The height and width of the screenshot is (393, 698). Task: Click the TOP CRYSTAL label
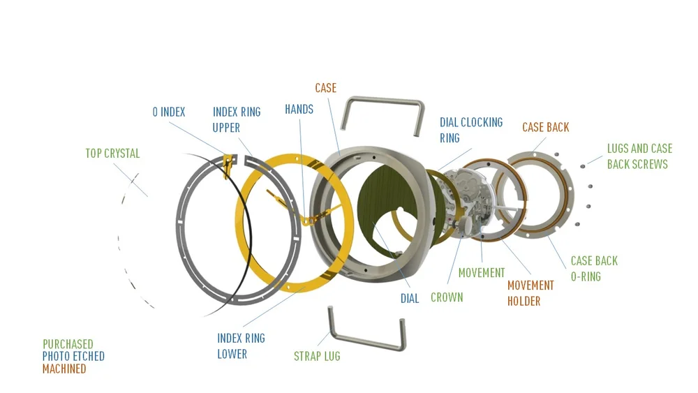click(112, 154)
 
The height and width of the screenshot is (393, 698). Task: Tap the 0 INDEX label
click(168, 112)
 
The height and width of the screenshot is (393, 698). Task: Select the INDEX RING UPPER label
click(236, 119)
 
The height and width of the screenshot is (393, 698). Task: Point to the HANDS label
click(299, 110)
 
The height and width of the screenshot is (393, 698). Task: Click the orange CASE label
click(325, 88)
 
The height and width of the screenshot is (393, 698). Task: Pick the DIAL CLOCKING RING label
click(470, 130)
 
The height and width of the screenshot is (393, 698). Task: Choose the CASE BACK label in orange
click(545, 127)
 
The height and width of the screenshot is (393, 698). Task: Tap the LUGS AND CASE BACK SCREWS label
click(639, 156)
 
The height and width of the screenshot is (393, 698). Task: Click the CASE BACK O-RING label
click(594, 269)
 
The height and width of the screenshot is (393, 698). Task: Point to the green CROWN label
click(446, 297)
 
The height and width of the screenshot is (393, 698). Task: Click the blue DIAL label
click(410, 299)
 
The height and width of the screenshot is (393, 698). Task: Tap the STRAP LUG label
click(317, 356)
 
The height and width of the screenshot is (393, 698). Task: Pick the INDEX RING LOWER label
click(241, 346)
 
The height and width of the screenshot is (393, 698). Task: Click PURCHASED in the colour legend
click(68, 344)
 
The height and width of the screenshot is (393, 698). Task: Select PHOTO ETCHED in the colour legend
click(73, 356)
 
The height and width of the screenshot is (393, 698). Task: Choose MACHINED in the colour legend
click(64, 369)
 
